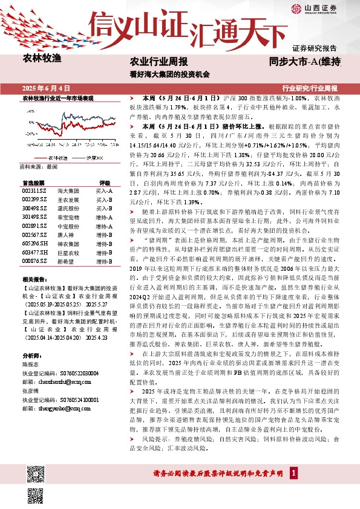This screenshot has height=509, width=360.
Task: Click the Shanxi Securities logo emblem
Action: (296, 8)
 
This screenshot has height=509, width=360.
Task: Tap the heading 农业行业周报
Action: (159, 62)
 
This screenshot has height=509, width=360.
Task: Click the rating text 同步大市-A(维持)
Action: (305, 62)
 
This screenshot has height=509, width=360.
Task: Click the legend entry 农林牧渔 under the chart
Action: (58, 157)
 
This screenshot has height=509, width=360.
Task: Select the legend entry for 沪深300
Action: (94, 157)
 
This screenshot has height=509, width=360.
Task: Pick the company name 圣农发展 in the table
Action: (67, 199)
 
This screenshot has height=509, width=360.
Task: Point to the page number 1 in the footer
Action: (293, 490)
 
